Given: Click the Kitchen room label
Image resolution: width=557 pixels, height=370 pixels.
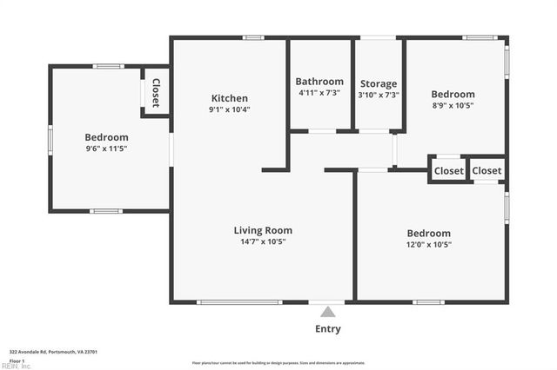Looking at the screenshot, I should click(x=229, y=98).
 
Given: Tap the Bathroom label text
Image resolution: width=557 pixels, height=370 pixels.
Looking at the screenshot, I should click(x=319, y=82).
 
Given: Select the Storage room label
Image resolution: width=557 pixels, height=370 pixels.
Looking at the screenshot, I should click(x=378, y=83).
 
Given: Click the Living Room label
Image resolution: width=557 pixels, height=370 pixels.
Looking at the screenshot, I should click(x=263, y=230).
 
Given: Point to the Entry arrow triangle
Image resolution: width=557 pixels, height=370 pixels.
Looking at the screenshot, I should click(x=328, y=311).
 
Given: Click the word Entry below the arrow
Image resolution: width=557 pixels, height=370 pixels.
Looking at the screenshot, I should click(x=328, y=329).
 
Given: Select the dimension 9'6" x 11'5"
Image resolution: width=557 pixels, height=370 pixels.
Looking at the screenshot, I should click(x=106, y=149).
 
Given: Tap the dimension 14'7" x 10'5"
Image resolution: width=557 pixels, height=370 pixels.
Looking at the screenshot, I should click(x=263, y=241).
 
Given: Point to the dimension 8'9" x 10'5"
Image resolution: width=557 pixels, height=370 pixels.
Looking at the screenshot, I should click(x=453, y=105).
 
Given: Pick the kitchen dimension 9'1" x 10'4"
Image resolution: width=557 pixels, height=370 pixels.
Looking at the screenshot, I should click(x=229, y=109).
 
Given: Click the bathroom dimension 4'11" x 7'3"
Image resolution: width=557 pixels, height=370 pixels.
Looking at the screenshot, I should click(x=319, y=93).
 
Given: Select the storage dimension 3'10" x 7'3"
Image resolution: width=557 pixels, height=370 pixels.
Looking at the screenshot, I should click(x=378, y=95).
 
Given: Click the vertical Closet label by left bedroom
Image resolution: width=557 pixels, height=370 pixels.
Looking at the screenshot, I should click(x=156, y=93).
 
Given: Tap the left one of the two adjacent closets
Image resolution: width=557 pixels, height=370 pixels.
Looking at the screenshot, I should click(x=449, y=171).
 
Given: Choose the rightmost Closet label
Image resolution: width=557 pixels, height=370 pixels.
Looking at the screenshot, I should click(x=487, y=171).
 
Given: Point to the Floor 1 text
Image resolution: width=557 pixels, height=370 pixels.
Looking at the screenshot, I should click(x=16, y=360).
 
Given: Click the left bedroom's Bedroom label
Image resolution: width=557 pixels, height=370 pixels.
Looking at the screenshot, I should click(x=106, y=137).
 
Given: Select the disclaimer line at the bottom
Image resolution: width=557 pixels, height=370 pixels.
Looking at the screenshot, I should click(x=278, y=363).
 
